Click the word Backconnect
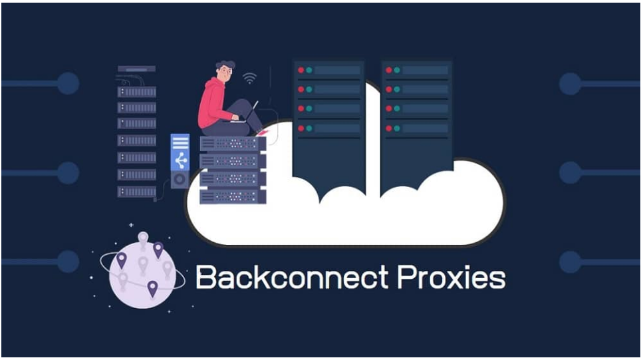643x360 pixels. tap(292, 277)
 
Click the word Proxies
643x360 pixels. tap(451, 277)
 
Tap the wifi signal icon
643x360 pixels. tap(249, 78)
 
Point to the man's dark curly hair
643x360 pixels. tap(225, 66)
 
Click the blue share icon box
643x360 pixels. tap(180, 152)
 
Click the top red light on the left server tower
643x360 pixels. tap(301, 70)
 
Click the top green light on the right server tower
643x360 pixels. tap(397, 70)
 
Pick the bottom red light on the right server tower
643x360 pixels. tap(389, 128)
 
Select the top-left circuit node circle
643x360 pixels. tap(68, 83)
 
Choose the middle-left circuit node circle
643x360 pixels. tap(68, 173)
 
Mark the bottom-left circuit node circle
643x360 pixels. tap(68, 262)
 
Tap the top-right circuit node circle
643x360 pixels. tap(571, 84)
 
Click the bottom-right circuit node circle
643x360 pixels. tap(571, 262)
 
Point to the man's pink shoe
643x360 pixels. tap(262, 132)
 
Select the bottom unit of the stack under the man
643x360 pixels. tap(233, 196)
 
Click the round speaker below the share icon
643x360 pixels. tap(180, 180)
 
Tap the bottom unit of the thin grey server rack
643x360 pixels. tap(137, 192)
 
